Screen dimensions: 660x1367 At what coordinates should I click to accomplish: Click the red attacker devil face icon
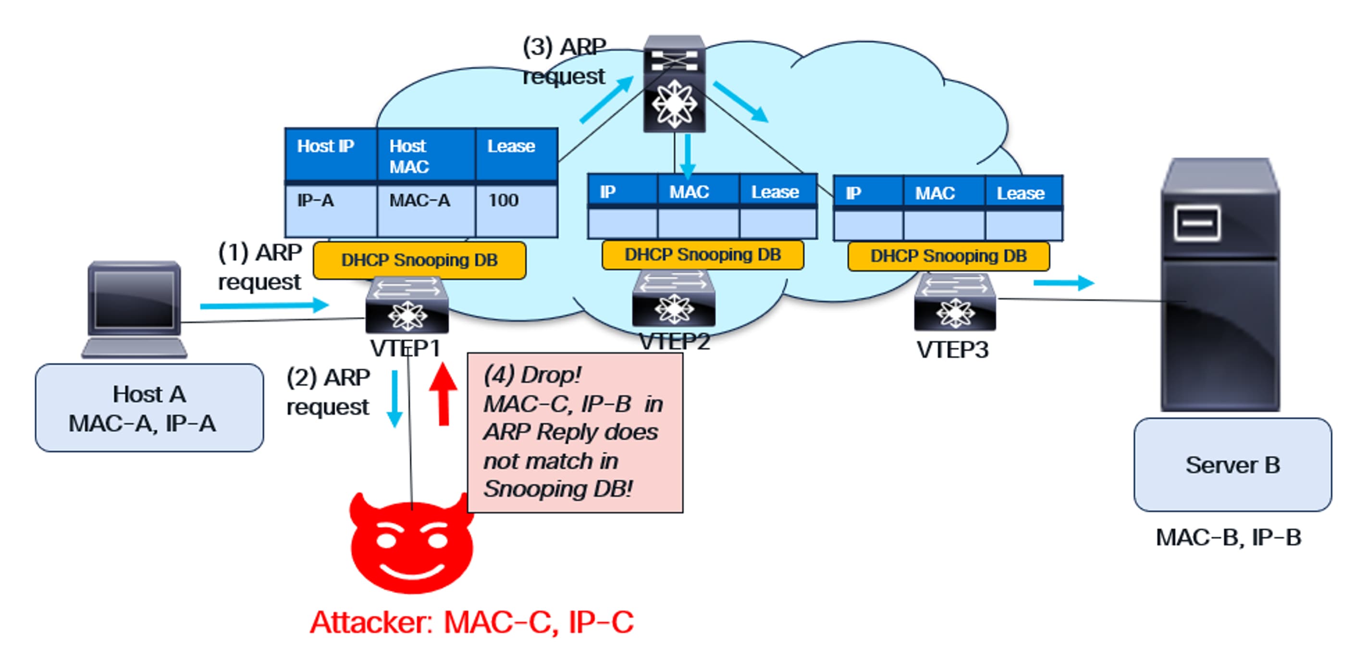[411, 547]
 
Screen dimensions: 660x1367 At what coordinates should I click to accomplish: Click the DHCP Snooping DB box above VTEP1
[419, 260]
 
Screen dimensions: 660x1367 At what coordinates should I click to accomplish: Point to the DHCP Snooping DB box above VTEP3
[948, 256]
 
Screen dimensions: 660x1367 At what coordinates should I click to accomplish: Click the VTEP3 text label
[952, 350]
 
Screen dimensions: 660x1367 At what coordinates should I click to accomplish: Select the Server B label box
[1232, 465]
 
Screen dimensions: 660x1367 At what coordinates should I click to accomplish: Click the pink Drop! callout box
[575, 432]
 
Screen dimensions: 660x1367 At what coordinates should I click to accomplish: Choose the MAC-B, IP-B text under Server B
[1228, 538]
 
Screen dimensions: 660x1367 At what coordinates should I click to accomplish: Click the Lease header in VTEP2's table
[774, 192]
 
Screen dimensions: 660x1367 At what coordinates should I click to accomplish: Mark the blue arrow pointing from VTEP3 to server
[1063, 283]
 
